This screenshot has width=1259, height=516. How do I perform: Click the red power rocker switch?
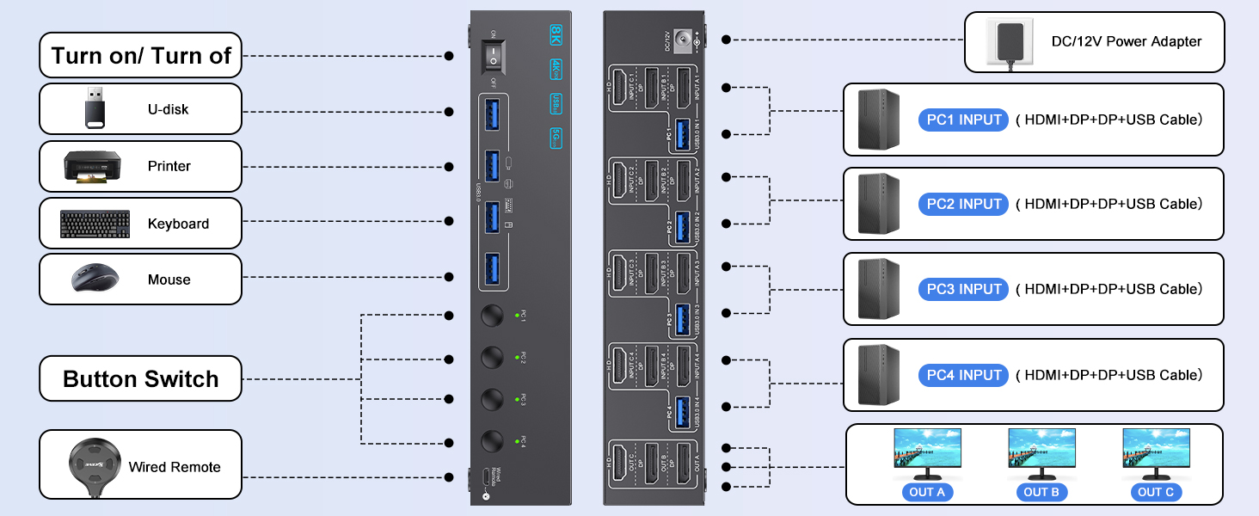[493, 55]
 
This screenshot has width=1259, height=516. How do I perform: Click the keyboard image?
[95, 224]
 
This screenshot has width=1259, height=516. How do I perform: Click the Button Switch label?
[141, 379]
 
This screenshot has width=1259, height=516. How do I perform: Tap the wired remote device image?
[89, 466]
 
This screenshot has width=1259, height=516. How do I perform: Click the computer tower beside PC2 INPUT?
[879, 204]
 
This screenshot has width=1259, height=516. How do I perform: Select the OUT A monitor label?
[926, 492]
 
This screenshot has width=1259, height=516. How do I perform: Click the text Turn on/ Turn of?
[141, 56]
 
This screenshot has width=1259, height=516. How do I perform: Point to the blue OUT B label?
[1041, 492]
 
